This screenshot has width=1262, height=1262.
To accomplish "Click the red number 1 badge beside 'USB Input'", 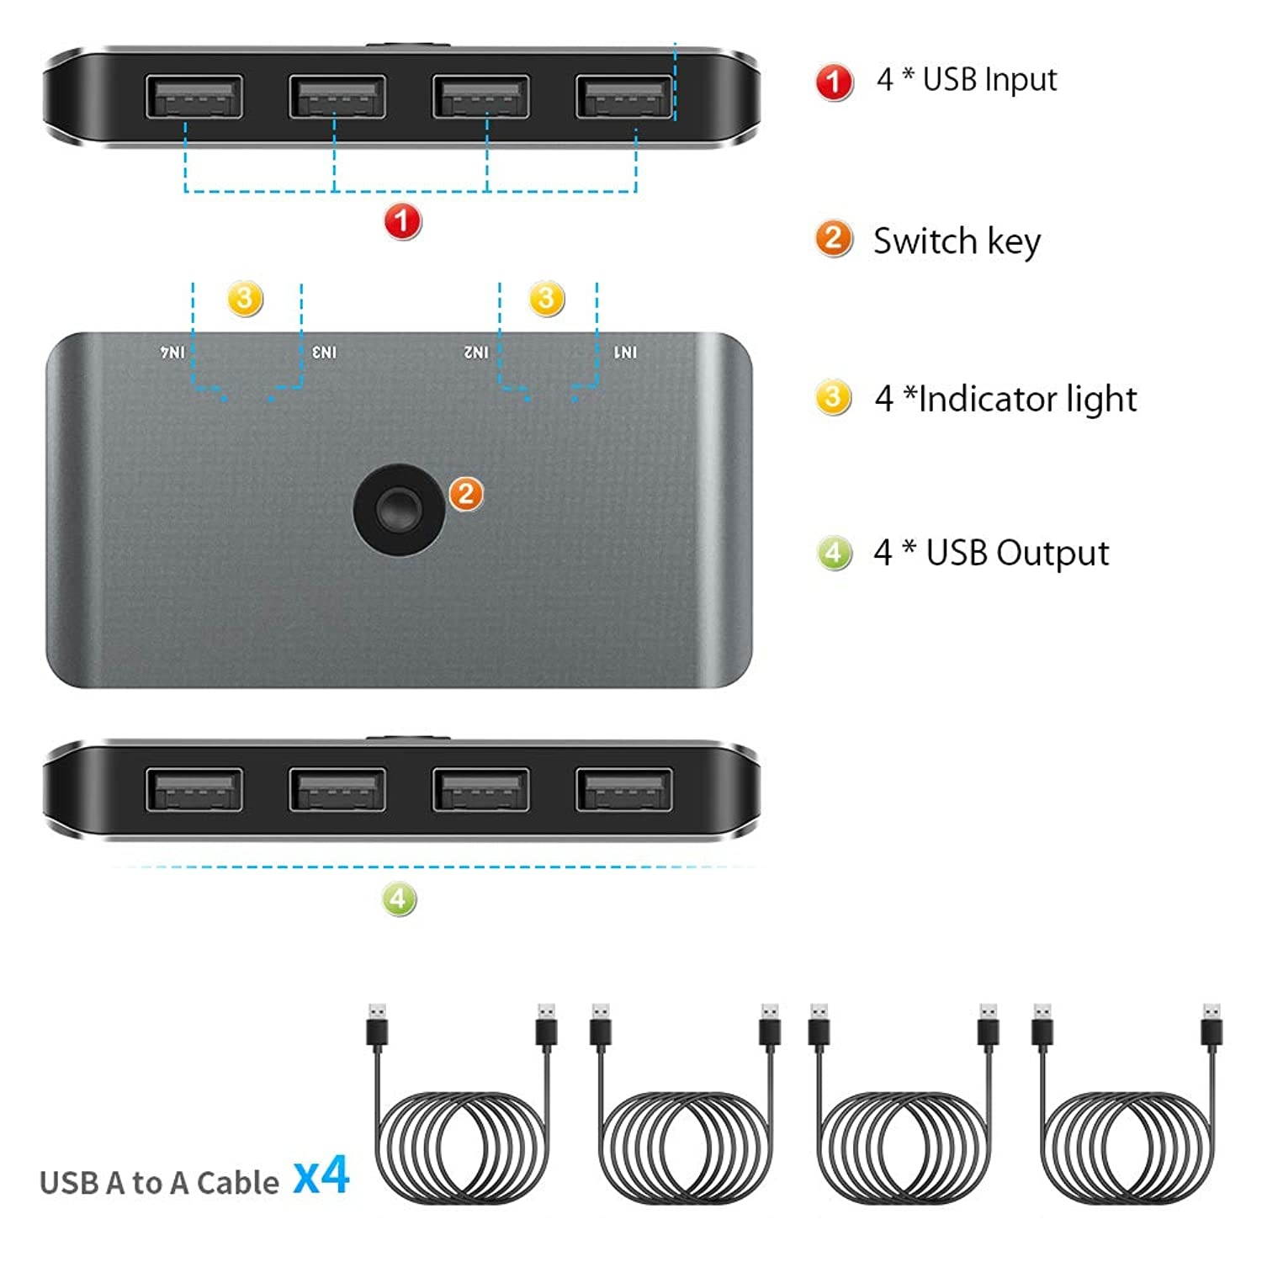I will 834,82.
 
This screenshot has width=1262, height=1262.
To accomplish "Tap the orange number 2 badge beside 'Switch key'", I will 834,239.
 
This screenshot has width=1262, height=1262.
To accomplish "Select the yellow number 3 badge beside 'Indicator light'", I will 833,397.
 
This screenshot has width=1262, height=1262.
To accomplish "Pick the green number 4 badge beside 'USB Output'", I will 834,553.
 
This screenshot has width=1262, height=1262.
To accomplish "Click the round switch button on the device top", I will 399,510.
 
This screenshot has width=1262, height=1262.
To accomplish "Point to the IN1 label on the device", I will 625,353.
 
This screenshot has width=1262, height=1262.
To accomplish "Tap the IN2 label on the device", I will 476,353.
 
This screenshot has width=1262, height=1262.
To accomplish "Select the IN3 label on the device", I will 324,353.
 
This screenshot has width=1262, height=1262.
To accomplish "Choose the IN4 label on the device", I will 172,353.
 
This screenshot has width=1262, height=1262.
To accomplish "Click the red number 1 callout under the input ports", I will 402,221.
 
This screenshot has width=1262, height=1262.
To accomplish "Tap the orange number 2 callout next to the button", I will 466,494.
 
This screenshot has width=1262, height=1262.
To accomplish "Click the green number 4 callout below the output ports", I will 399,899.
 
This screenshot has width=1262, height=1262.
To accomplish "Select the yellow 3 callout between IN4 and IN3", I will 245,298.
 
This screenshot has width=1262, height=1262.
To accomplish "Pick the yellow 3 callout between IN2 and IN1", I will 546,298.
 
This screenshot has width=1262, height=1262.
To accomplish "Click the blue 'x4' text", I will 321,1175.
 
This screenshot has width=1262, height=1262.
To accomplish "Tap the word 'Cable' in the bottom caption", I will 237,1183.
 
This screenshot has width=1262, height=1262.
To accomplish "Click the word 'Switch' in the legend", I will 925,241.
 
